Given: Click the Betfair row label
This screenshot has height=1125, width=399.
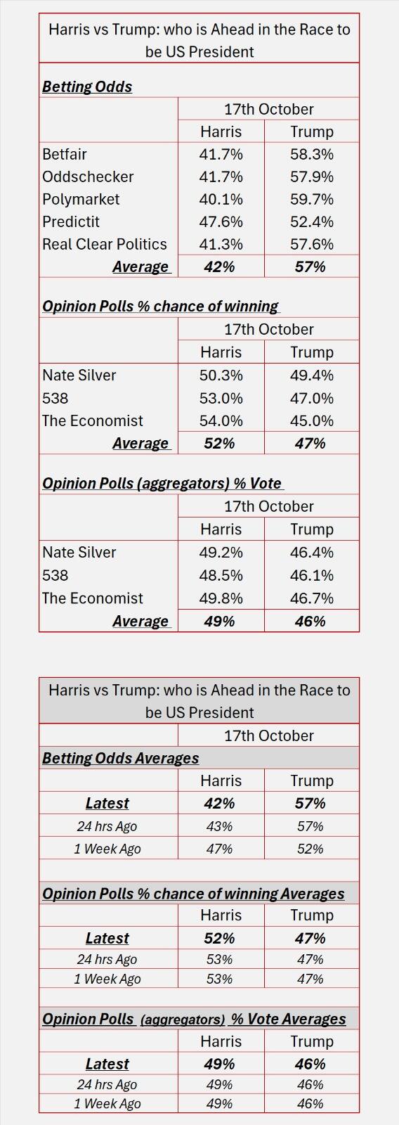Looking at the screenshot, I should point(65,154).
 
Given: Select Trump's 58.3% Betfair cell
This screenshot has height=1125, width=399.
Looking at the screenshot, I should point(311,154).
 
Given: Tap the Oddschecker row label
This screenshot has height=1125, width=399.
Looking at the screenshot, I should point(88,176).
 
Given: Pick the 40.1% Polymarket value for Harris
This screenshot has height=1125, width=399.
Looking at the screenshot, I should point(221,199).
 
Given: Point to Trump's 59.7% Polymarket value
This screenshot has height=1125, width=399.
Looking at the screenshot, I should point(311,199).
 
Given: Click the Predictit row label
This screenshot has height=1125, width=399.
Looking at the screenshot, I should point(71,221).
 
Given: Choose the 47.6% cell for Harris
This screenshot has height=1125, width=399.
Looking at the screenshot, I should point(221,221).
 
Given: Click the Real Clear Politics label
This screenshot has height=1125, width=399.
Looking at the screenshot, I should point(105,244).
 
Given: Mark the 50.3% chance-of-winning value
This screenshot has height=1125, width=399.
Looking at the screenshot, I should point(221,375).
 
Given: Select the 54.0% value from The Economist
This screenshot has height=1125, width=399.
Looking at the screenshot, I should point(221,420).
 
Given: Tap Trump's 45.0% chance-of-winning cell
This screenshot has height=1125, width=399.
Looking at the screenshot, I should point(311,420).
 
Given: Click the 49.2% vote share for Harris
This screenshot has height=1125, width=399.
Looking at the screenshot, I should point(221,552).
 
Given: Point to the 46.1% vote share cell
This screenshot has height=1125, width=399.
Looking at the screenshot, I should point(311,575).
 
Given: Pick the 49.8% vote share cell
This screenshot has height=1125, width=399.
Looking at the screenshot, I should point(221,598).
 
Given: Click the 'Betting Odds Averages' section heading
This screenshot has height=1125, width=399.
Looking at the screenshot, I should point(121,758).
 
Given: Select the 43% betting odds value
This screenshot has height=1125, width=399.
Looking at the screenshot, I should point(219,826).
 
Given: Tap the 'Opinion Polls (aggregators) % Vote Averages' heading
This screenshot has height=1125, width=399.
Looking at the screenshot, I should point(194,1019).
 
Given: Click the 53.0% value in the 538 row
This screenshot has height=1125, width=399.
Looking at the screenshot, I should point(221,398).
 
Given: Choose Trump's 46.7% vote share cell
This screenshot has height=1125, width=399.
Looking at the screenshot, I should point(311,598).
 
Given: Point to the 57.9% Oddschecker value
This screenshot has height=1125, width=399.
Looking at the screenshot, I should point(311,176).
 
